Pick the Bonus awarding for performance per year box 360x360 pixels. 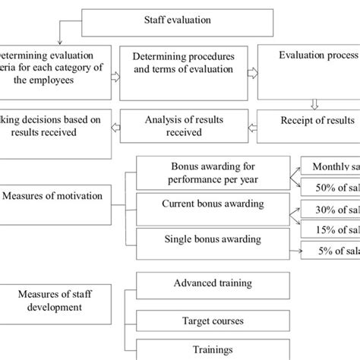coord(210,172)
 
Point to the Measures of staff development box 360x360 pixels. coord(53,292)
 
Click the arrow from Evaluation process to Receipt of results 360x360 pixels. coord(314,106)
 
